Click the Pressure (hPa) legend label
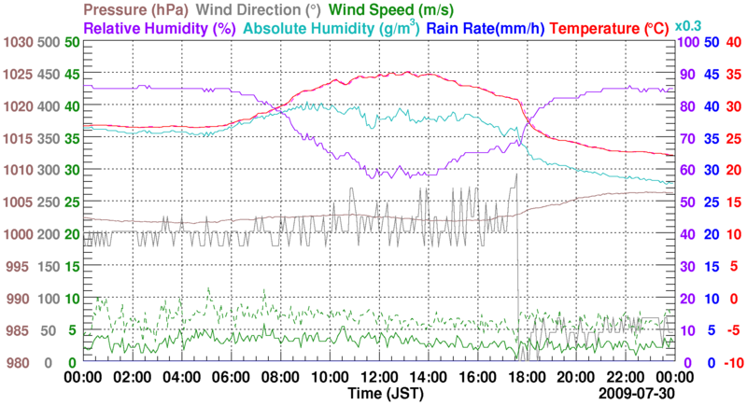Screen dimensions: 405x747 coord(138,8)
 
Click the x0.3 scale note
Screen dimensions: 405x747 coord(688,26)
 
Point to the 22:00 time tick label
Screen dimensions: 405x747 coord(625,378)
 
